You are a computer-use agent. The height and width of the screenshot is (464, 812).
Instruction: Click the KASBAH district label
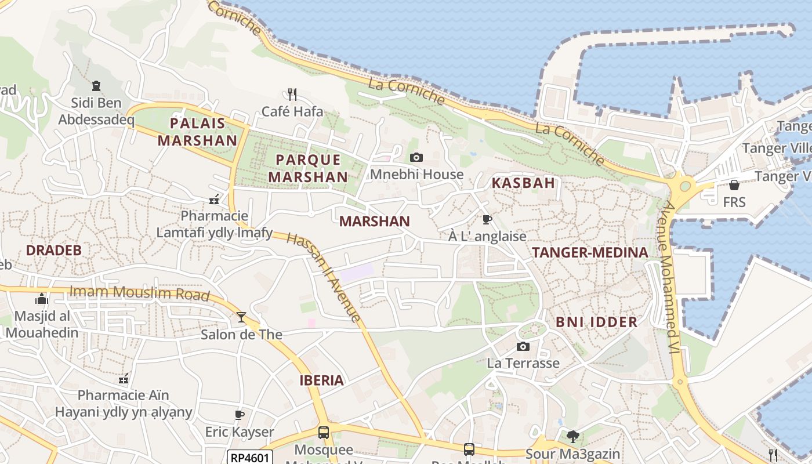[523, 183]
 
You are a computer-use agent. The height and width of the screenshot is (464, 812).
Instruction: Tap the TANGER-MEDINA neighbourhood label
[590, 253]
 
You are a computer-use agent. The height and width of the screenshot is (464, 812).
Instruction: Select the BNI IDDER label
[596, 322]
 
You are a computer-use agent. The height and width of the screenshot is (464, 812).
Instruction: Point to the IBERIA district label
[321, 380]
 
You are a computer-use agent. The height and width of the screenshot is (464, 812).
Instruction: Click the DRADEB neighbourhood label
[54, 251]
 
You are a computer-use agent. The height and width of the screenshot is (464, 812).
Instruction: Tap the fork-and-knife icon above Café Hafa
[292, 93]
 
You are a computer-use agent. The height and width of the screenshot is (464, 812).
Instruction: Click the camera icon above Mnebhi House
[416, 157]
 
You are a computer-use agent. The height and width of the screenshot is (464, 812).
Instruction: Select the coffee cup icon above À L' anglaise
[487, 219]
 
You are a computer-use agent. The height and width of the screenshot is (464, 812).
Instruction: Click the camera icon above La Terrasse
[523, 346]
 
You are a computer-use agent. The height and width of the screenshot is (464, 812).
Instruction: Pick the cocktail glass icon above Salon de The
[241, 317]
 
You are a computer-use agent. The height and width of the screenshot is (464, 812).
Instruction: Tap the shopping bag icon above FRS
[734, 185]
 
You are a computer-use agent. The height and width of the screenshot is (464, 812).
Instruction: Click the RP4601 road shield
[249, 458]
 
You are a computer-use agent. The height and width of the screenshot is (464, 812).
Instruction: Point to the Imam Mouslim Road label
[139, 293]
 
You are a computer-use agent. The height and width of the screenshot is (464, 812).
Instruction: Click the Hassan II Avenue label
[324, 277]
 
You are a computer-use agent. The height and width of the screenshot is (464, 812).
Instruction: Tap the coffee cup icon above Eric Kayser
[239, 415]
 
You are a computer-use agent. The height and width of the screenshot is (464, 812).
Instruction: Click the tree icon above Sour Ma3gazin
[572, 436]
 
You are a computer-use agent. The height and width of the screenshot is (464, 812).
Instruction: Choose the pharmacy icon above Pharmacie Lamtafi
[214, 200]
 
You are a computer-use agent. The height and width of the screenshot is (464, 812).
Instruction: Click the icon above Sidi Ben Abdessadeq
[96, 86]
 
